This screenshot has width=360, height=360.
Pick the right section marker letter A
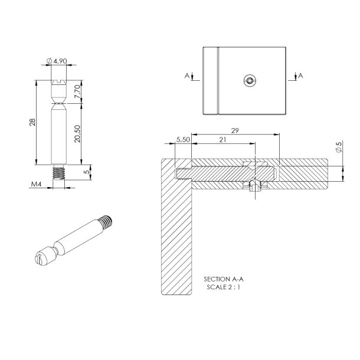(300, 76)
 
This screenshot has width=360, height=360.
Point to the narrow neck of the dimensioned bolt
(58, 104)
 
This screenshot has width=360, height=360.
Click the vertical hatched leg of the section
(176, 236)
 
